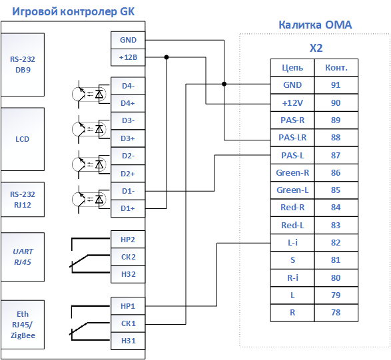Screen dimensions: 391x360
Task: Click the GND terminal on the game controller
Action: pos(128,40)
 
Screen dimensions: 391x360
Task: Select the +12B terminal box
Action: pos(128,57)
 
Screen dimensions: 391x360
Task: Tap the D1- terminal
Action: pos(128,191)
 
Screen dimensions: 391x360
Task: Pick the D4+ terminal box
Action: pos(128,103)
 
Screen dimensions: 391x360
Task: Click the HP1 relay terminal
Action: pos(128,306)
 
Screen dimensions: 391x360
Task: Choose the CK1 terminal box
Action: pos(128,323)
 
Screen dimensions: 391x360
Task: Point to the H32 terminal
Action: pos(128,274)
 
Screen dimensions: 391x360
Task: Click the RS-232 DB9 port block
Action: pos(23,65)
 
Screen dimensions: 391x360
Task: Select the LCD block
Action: pos(23,139)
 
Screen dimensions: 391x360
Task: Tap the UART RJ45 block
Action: pos(23,257)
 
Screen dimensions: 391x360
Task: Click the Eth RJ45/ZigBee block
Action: pos(23,325)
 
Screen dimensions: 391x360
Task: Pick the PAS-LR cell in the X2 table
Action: pos(292,138)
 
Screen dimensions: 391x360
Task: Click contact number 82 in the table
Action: pos(336,243)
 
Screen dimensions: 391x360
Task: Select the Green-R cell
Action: pos(292,172)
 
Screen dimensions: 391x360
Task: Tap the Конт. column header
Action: pos(336,67)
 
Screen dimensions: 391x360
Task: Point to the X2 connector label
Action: pos(316,48)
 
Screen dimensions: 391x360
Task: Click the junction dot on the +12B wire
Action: pos(167,57)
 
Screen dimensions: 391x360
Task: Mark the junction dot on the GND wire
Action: pos(224,84)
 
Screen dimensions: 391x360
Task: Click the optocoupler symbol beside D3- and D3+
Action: pos(91,129)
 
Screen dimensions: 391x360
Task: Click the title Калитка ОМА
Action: pos(315,25)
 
